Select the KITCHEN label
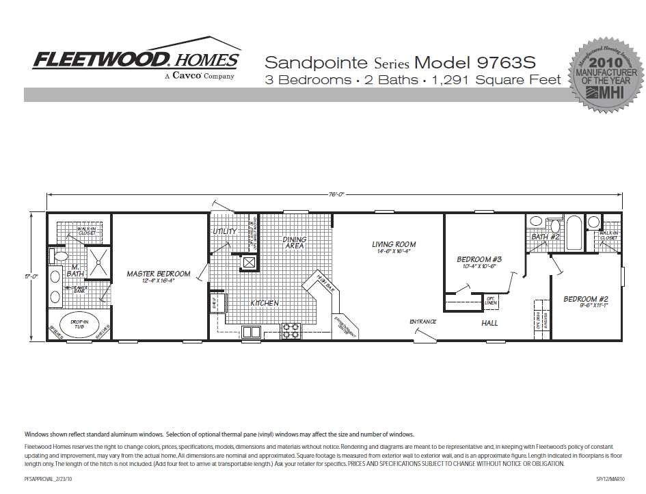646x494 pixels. click(265, 302)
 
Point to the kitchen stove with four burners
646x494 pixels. click(291, 330)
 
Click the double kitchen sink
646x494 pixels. click(251, 332)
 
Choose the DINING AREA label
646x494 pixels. click(295, 243)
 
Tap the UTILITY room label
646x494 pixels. click(224, 231)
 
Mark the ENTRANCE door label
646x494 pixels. click(423, 322)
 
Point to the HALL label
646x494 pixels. click(489, 323)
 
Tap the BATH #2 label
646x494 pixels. click(546, 237)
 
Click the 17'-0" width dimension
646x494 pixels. click(31, 277)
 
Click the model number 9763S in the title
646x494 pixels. click(512, 63)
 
